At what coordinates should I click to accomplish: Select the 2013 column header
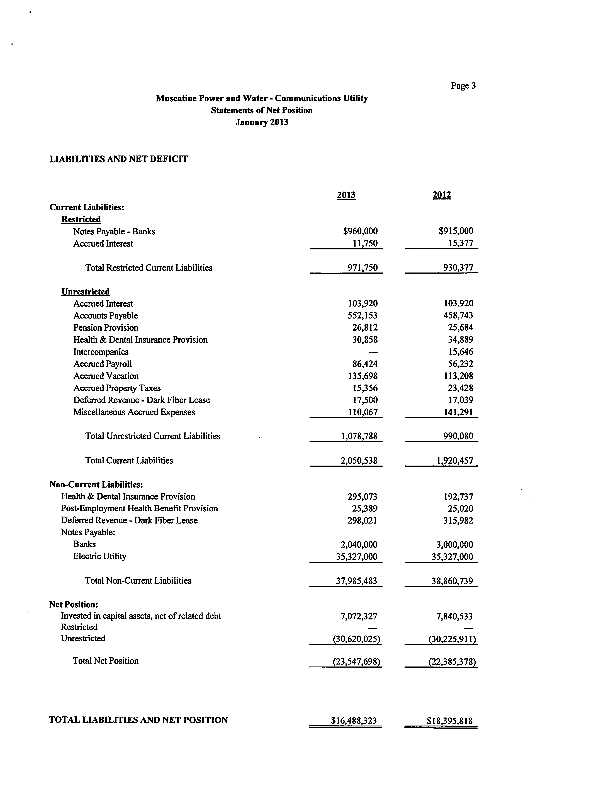(346, 195)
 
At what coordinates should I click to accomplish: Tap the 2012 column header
(442, 195)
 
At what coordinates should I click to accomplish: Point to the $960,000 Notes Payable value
(360, 231)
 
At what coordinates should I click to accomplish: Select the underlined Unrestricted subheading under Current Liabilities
(85, 292)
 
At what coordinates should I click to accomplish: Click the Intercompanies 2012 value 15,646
(460, 352)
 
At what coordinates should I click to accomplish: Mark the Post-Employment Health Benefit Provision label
(139, 509)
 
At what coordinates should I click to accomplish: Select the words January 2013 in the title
(262, 122)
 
